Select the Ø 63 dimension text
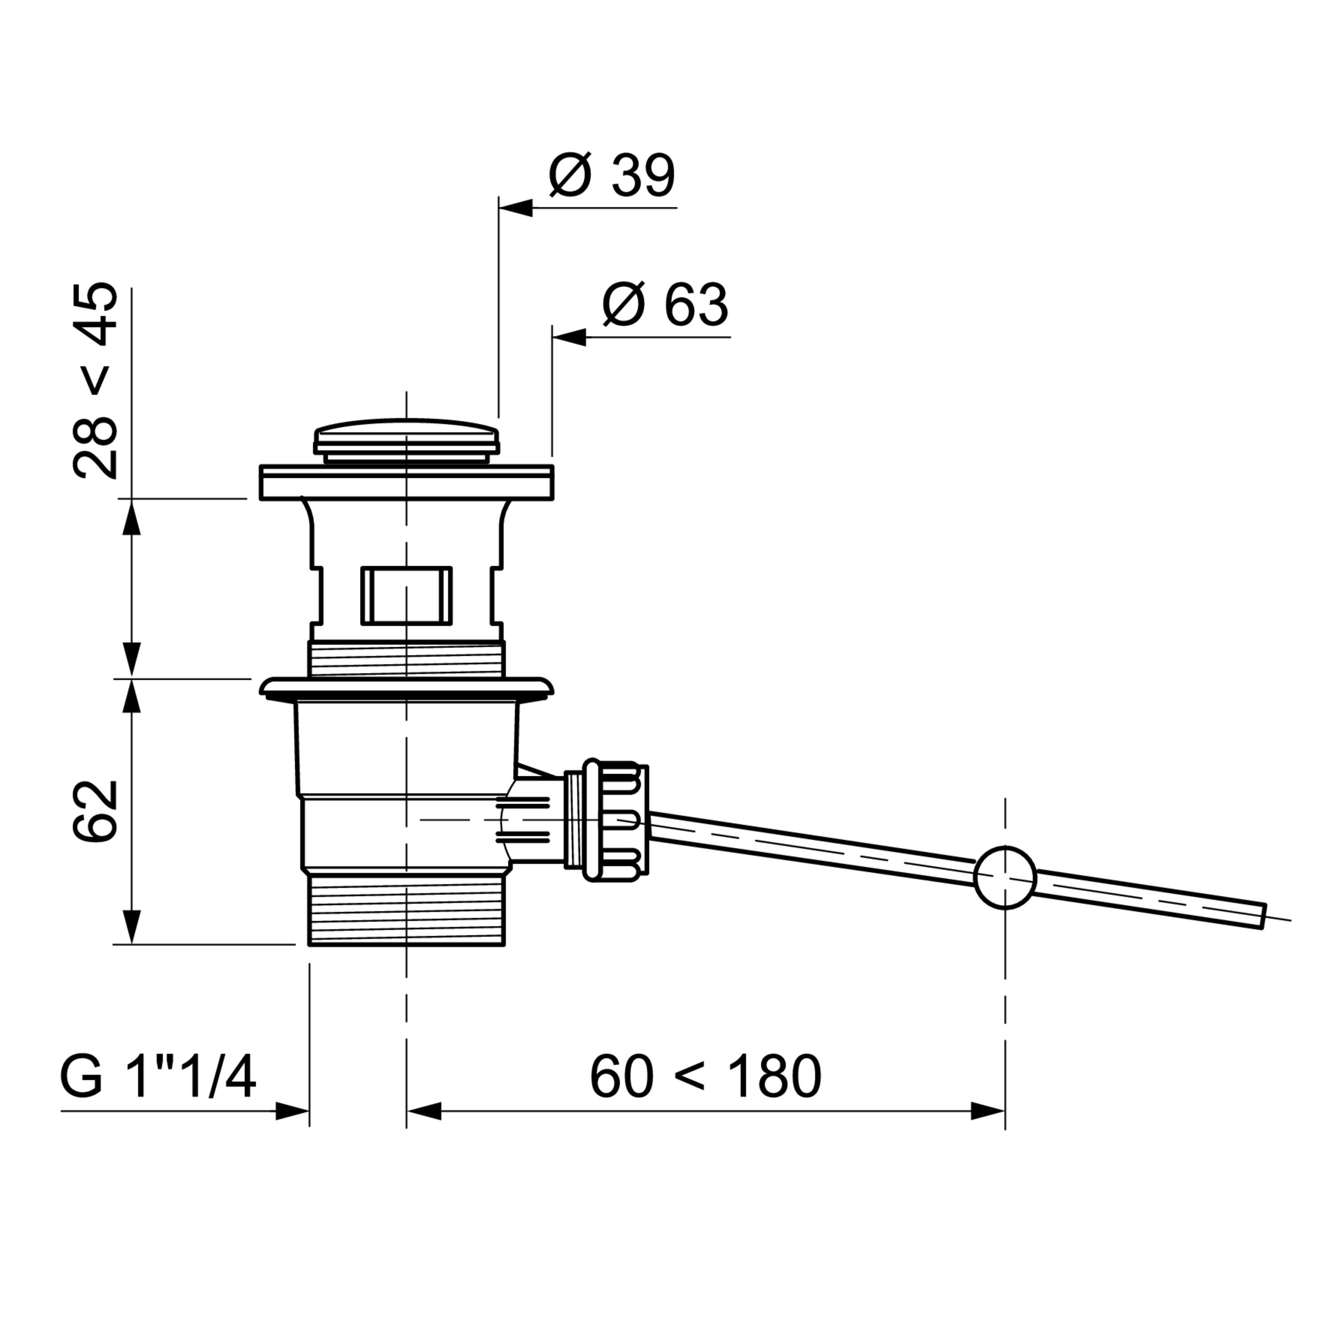[665, 305]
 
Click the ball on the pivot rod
[1005, 877]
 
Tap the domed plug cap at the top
[406, 441]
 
